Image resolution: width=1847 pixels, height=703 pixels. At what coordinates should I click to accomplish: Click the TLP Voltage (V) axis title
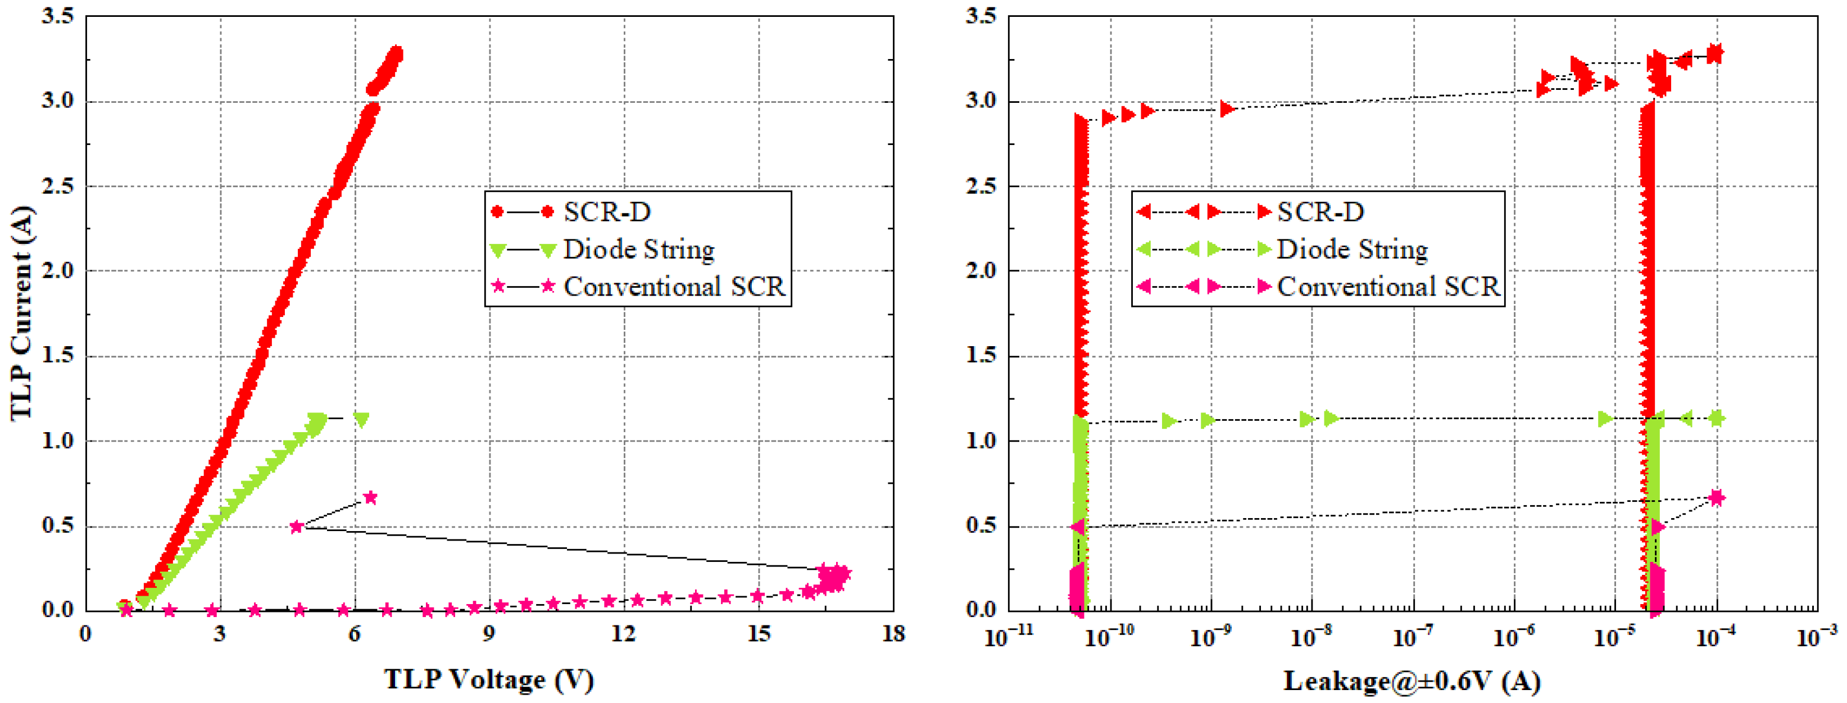(x=489, y=679)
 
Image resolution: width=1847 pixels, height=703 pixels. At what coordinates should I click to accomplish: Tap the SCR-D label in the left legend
(x=607, y=212)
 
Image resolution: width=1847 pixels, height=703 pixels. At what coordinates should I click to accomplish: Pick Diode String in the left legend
(x=638, y=250)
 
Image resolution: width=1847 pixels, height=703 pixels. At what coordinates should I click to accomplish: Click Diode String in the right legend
(x=1353, y=250)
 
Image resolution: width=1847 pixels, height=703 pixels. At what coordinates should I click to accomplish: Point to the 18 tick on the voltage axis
(x=893, y=634)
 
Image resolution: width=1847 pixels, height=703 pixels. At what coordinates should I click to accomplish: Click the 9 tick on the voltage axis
(x=489, y=634)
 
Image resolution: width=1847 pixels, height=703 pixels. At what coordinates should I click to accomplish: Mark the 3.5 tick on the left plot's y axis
(x=57, y=16)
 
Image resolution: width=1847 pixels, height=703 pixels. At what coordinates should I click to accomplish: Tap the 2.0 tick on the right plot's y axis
(x=981, y=271)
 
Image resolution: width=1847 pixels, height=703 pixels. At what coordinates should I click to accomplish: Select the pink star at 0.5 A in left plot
(x=296, y=527)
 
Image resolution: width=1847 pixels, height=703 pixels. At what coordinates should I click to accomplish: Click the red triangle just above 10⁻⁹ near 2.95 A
(x=1227, y=109)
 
